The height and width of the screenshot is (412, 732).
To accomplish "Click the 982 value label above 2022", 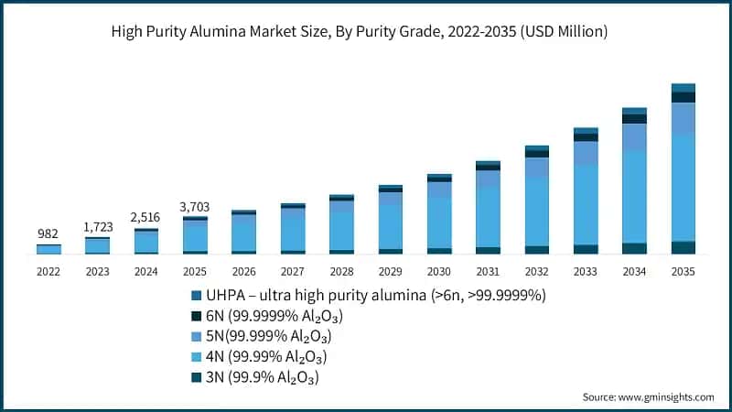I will coord(48,234).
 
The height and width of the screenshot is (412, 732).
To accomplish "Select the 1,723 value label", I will coord(97,225).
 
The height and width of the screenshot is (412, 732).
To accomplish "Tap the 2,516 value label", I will coord(146,217).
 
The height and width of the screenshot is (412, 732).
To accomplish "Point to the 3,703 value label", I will coord(195,206).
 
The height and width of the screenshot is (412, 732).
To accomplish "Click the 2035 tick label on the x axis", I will coord(683,272).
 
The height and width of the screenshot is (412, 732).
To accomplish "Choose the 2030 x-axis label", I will coord(438,272).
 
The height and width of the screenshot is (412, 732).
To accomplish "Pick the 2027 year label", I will coord(293,272).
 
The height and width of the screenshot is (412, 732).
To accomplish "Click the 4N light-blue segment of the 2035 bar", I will coord(683,188).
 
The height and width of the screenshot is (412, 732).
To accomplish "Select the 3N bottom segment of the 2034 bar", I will coord(634,248).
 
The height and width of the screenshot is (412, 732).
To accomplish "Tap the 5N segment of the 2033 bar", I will coord(586,153).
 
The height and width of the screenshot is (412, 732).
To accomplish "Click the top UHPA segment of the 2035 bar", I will coord(683,88).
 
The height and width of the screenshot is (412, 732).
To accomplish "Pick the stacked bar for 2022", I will coord(48,249).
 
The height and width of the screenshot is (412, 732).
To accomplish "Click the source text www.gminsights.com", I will coord(665,396).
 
